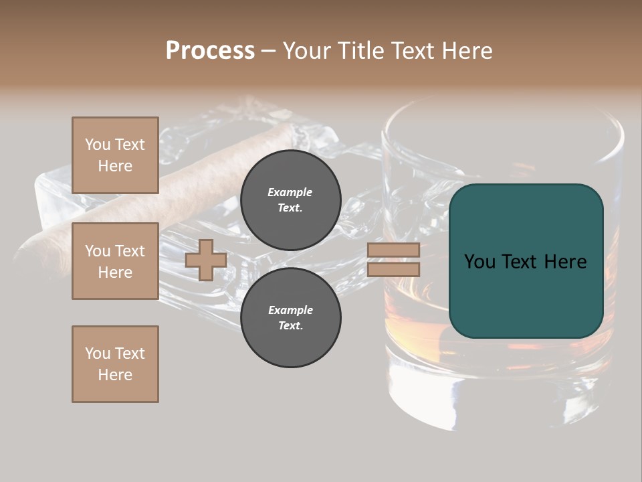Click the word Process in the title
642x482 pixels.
[x=210, y=50]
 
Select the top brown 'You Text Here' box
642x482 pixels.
[x=115, y=155]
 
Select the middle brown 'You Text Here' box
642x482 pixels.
[x=115, y=261]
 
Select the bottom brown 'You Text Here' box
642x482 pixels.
[x=115, y=364]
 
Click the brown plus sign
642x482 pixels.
[x=206, y=260]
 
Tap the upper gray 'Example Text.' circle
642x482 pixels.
[x=290, y=200]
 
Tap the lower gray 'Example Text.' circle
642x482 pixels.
[x=290, y=318]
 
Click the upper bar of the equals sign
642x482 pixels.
[x=393, y=250]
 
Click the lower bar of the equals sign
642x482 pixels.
[x=393, y=269]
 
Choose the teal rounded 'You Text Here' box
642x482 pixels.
[x=526, y=261]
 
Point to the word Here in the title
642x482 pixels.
[x=466, y=50]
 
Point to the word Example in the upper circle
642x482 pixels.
[x=290, y=192]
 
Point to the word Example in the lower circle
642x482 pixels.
[x=290, y=310]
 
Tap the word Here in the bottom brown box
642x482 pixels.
[x=115, y=375]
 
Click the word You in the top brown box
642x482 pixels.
[x=97, y=145]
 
